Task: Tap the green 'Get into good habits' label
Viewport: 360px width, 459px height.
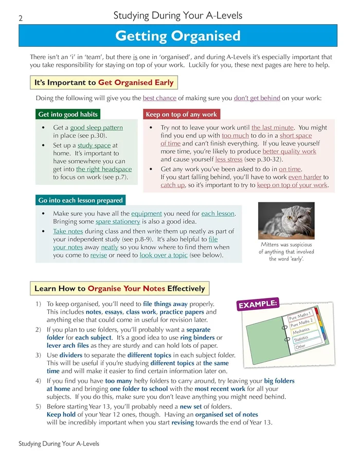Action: pyautogui.click(x=68, y=114)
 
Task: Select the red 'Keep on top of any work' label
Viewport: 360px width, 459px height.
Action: pyautogui.click(x=181, y=114)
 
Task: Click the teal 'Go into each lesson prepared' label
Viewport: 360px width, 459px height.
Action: pyautogui.click(x=80, y=200)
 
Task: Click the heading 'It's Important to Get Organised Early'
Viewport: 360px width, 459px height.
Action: pyautogui.click(x=104, y=82)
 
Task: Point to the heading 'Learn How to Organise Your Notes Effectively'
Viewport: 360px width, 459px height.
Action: pyautogui.click(x=119, y=289)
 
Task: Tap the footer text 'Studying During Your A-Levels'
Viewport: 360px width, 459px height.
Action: pyautogui.click(x=59, y=443)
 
